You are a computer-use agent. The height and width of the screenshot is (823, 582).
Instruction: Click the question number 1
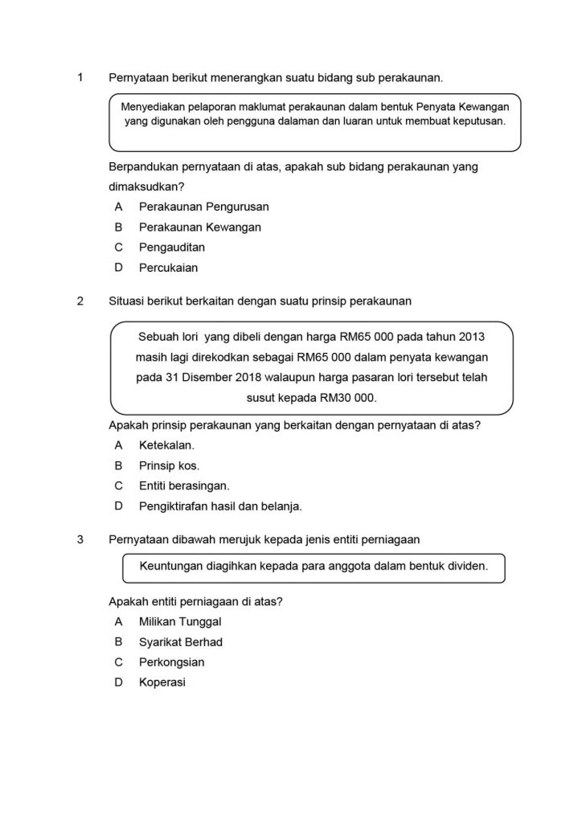pyautogui.click(x=80, y=78)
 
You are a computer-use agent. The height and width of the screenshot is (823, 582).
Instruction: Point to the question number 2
pyautogui.click(x=80, y=301)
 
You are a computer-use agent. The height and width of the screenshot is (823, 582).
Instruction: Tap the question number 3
pyautogui.click(x=80, y=539)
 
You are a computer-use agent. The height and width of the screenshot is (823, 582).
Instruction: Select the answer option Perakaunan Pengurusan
pyautogui.click(x=203, y=207)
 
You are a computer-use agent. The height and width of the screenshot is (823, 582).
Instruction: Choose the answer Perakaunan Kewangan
pyautogui.click(x=199, y=227)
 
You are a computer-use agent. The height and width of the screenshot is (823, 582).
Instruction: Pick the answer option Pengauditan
pyautogui.click(x=171, y=248)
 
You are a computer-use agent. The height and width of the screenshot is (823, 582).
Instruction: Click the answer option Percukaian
pyautogui.click(x=168, y=268)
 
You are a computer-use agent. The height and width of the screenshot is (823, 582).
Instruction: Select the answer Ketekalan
pyautogui.click(x=166, y=444)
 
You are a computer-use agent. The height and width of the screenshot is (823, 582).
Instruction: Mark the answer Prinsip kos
pyautogui.click(x=169, y=465)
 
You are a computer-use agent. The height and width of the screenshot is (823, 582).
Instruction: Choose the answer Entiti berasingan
pyautogui.click(x=184, y=485)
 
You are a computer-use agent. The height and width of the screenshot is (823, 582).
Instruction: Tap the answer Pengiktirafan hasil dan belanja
pyautogui.click(x=219, y=506)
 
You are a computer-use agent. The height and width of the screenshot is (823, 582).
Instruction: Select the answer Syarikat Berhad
pyautogui.click(x=180, y=642)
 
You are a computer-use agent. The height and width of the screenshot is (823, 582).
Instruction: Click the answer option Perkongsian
pyautogui.click(x=171, y=662)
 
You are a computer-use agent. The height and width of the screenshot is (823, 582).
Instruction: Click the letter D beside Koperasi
pyautogui.click(x=118, y=683)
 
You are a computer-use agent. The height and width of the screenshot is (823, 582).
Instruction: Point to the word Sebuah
pyautogui.click(x=158, y=335)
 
